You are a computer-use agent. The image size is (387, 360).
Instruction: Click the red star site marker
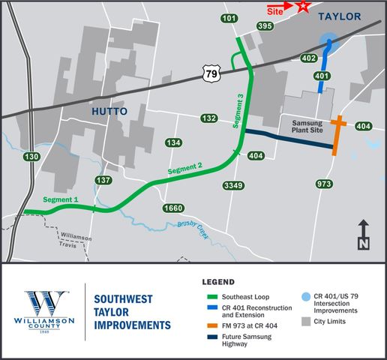pyautogui.click(x=303, y=7)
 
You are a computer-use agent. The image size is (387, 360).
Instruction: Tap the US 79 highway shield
pyautogui.click(x=210, y=73)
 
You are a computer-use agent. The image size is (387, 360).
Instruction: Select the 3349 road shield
pyautogui.click(x=234, y=185)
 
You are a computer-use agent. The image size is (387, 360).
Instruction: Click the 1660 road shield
pyautogui.click(x=173, y=208)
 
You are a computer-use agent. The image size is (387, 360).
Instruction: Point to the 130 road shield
pyautogui.click(x=31, y=157)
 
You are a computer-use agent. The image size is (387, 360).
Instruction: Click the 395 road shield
pyautogui.click(x=264, y=25)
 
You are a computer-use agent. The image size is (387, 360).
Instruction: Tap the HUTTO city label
pyautogui.click(x=109, y=111)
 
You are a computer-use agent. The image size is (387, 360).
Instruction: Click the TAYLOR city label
pyautogui.click(x=340, y=16)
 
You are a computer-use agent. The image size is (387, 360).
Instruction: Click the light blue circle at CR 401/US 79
pyautogui.click(x=328, y=43)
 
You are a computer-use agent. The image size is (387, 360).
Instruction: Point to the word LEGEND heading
pyautogui.click(x=219, y=282)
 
